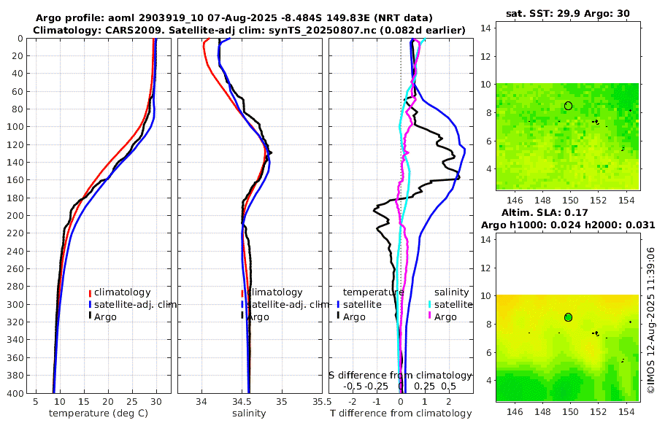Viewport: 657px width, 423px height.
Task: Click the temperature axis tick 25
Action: click(132, 402)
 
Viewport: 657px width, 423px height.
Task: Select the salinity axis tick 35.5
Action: click(318, 402)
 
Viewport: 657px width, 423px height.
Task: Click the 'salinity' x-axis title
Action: click(248, 414)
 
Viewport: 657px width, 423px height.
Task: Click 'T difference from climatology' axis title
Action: click(401, 414)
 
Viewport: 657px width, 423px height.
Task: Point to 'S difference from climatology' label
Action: click(401, 375)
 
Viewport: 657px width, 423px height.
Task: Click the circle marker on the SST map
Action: click(568, 106)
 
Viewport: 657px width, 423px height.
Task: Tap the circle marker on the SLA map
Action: click(568, 317)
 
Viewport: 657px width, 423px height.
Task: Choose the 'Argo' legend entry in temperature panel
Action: click(106, 317)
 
